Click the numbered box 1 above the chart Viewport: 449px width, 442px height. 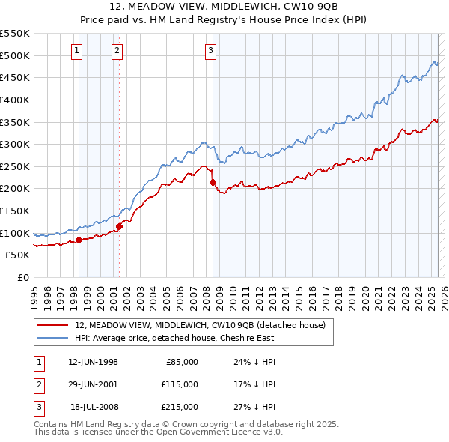coord(78,51)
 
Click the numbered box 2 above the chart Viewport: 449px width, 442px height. coord(117,51)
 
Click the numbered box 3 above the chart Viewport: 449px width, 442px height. coord(210,51)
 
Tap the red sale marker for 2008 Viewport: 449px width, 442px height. coord(213,182)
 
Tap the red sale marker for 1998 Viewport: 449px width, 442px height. coord(79,240)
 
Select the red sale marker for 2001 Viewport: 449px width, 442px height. coord(119,226)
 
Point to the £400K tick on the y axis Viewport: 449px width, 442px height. coord(15,100)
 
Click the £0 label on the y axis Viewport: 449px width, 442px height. coord(22,277)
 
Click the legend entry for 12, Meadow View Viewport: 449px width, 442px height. coord(200,325)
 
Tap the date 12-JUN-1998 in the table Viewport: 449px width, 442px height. coord(93,363)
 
